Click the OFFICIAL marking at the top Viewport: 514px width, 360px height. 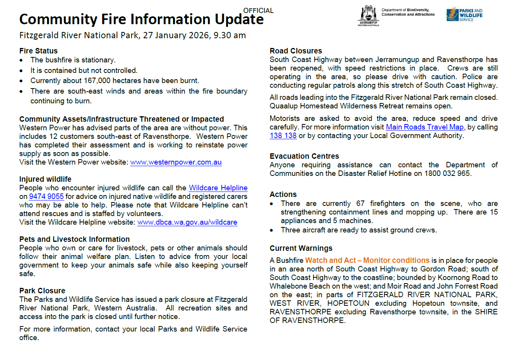(258, 11)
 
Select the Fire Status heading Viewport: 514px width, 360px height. (38, 51)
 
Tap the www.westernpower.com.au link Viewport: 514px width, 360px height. (176, 162)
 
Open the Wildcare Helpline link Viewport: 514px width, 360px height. (218, 188)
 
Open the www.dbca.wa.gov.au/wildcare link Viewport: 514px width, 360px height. (187, 222)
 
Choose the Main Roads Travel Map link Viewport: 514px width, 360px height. (425, 127)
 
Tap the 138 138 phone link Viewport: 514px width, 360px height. (283, 136)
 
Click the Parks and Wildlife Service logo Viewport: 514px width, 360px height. (464, 15)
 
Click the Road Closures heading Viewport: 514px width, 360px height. (296, 51)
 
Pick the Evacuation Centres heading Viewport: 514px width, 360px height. (304, 156)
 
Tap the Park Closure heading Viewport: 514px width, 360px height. (42, 291)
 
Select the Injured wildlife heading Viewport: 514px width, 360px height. (45, 179)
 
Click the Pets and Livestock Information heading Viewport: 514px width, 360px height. (74, 239)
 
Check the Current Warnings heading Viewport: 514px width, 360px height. (301, 248)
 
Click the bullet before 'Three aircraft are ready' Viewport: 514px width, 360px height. (272, 230)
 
